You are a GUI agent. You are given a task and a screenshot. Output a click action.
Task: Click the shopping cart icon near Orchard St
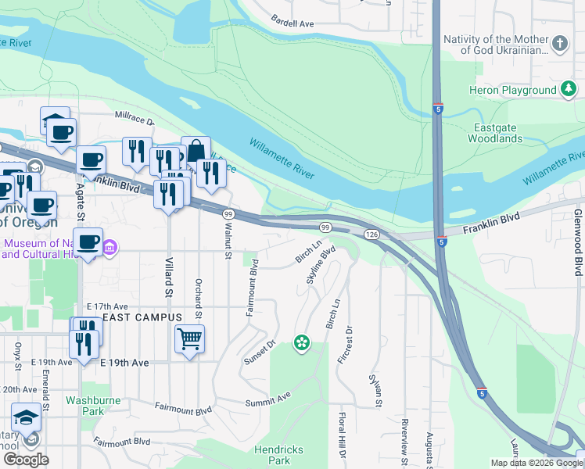[x=189, y=340]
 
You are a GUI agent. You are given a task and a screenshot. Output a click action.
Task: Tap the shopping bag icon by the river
[x=196, y=150]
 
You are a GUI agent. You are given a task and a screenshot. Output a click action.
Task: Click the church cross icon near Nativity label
[x=560, y=45]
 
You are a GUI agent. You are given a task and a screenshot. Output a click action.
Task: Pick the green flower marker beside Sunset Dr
[x=301, y=342]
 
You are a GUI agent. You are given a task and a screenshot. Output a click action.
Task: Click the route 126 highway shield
[x=371, y=234]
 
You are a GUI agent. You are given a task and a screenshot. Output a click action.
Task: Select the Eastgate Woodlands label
[x=494, y=133]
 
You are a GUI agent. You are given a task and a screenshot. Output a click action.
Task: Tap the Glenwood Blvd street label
[x=578, y=242]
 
